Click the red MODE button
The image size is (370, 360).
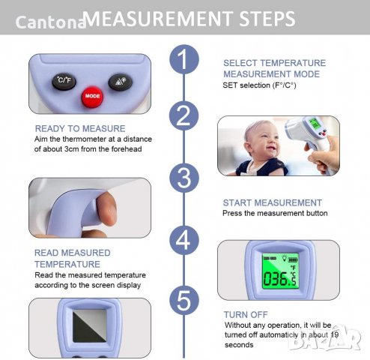click(x=92, y=97)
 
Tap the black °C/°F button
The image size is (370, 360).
click(x=64, y=81)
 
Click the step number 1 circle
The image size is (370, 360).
click(x=184, y=59)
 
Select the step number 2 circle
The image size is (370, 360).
click(x=184, y=115)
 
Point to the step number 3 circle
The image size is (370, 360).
click(x=184, y=178)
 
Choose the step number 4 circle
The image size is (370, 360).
click(x=184, y=240)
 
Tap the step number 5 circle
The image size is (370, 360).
click(x=184, y=300)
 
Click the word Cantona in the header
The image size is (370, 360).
click(x=51, y=22)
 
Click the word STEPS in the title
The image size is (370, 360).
click(x=267, y=19)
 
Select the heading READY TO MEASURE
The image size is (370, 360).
click(x=80, y=128)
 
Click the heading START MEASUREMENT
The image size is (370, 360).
click(x=273, y=202)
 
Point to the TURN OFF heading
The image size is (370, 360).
click(x=246, y=314)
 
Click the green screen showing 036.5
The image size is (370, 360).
click(x=280, y=271)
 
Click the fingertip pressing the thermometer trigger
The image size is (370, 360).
click(x=106, y=208)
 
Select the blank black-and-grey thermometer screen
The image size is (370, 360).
click(x=89, y=325)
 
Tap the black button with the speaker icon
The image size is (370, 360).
click(x=121, y=82)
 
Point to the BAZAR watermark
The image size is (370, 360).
click(x=324, y=338)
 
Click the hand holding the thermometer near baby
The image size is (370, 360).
click(x=324, y=154)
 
